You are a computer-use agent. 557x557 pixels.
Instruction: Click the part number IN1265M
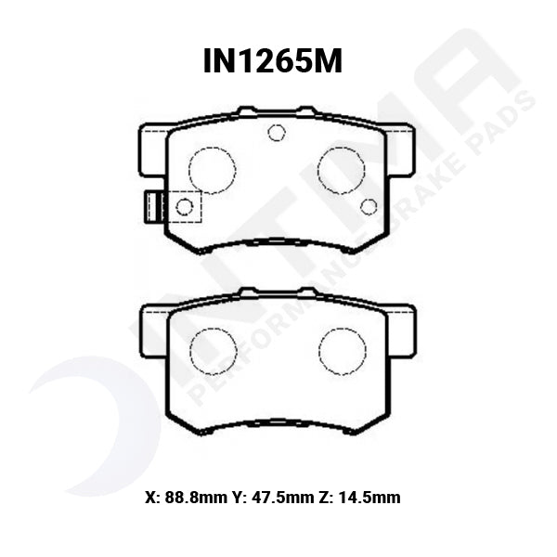click(x=273, y=60)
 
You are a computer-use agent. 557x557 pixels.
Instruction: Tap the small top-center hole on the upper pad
click(x=276, y=133)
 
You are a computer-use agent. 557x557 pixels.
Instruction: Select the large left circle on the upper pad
click(x=212, y=171)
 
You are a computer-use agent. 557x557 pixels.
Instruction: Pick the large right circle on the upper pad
click(x=341, y=171)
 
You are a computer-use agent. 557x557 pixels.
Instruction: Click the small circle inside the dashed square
click(x=185, y=206)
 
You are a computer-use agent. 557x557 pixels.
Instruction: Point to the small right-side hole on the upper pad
click(x=369, y=206)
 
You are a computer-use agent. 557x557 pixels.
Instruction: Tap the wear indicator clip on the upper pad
click(x=151, y=206)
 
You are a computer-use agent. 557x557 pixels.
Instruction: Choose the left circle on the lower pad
click(x=213, y=352)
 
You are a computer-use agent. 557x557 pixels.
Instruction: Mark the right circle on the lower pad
click(x=342, y=352)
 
